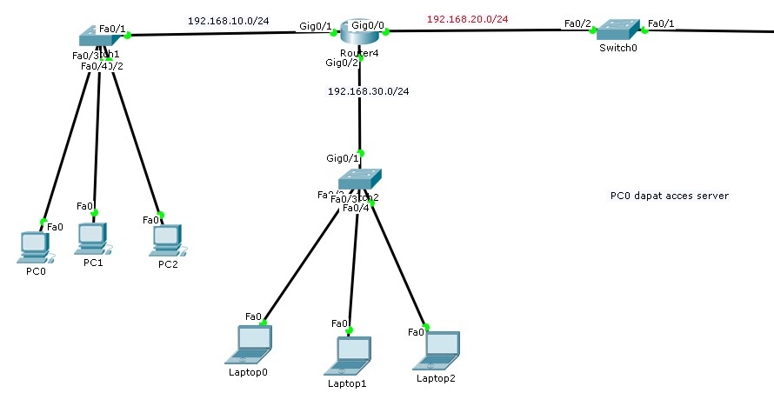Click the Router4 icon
coord(358,33)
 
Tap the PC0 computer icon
coord(35,247)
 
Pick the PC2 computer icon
coord(167,240)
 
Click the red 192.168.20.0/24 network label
coord(467,18)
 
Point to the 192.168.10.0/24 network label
coord(229,20)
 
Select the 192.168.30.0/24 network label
coord(368,91)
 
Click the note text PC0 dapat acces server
coord(669,196)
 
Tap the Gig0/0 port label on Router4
coord(368,25)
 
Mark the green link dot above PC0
coord(43,220)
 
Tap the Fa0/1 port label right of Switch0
coord(661,23)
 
